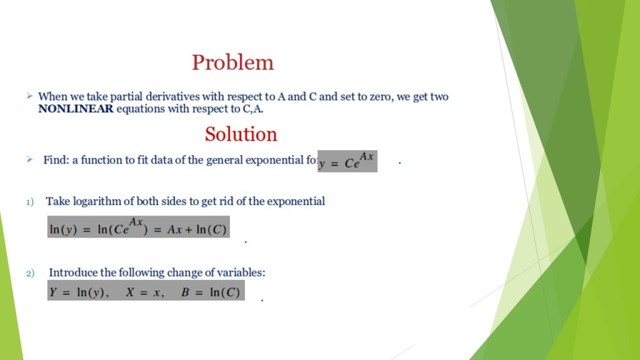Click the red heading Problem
(x=232, y=62)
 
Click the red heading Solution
(x=241, y=134)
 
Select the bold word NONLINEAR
(x=76, y=109)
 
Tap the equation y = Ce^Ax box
(x=347, y=161)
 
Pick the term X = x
(x=144, y=292)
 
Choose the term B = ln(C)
(x=211, y=292)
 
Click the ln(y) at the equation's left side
(x=63, y=229)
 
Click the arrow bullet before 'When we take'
(x=29, y=96)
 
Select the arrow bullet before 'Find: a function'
(x=29, y=160)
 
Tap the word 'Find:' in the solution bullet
(x=56, y=160)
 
